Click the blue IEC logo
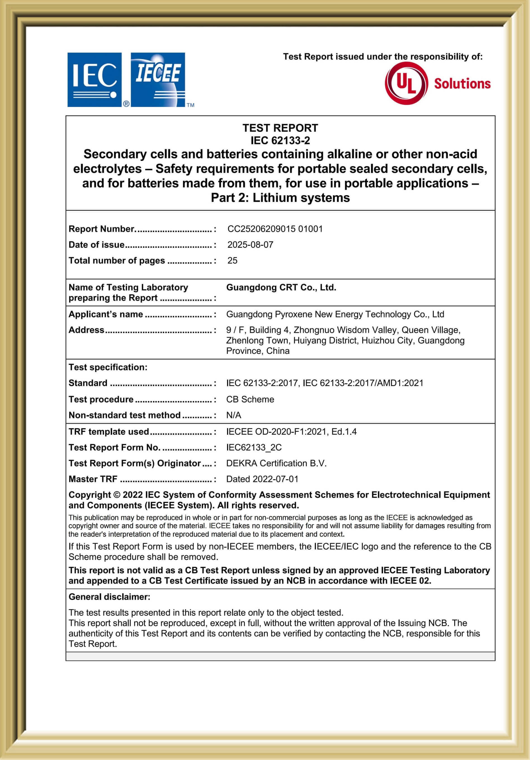click(x=94, y=79)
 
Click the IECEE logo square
click(x=158, y=79)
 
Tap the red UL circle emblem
click(x=406, y=83)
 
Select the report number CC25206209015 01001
click(x=275, y=229)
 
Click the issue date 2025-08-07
click(x=250, y=245)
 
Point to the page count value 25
click(x=232, y=261)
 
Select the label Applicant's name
click(x=106, y=314)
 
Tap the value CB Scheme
click(x=250, y=399)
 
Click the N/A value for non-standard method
click(x=234, y=415)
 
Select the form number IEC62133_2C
click(x=254, y=448)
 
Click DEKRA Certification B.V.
click(x=276, y=463)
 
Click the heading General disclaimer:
click(x=109, y=597)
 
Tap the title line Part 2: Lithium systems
click(x=280, y=198)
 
